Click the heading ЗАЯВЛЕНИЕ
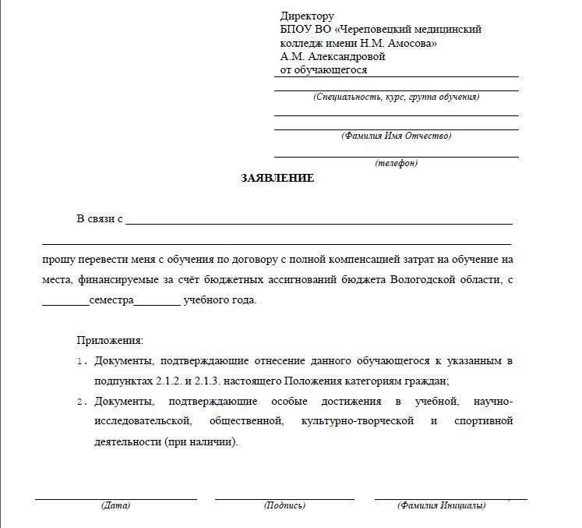pyautogui.click(x=277, y=179)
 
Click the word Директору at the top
pyautogui.click(x=307, y=16)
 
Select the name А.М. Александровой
pyautogui.click(x=333, y=57)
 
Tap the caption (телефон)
pyautogui.click(x=396, y=164)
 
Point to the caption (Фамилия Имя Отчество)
pyautogui.click(x=396, y=136)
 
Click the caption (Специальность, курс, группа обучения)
pyautogui.click(x=396, y=97)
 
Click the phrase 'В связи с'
pyautogui.click(x=99, y=219)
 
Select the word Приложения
pyautogui.click(x=110, y=341)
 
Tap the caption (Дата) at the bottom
pyautogui.click(x=115, y=505)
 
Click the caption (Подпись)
pyautogui.click(x=284, y=505)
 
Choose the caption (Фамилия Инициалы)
pyautogui.click(x=441, y=505)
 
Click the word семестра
pyautogui.click(x=111, y=300)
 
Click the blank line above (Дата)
pyautogui.click(x=115, y=498)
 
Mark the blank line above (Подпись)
pyautogui.click(x=284, y=498)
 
